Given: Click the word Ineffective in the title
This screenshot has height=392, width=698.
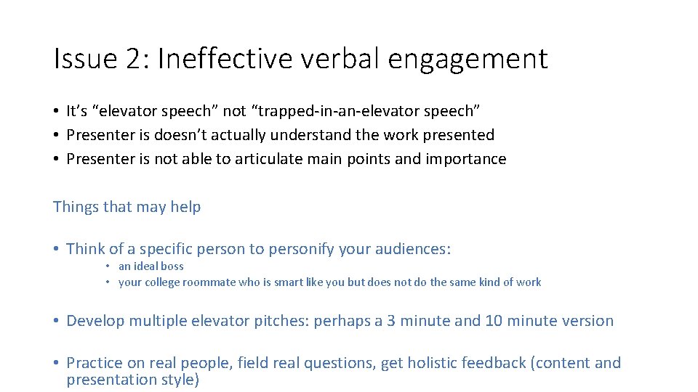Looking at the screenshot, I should click(x=215, y=59).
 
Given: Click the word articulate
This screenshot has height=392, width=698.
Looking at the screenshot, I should click(x=268, y=159).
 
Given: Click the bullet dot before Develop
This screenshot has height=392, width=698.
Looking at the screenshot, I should click(x=56, y=321).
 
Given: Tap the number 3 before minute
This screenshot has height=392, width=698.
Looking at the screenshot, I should click(x=391, y=321).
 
